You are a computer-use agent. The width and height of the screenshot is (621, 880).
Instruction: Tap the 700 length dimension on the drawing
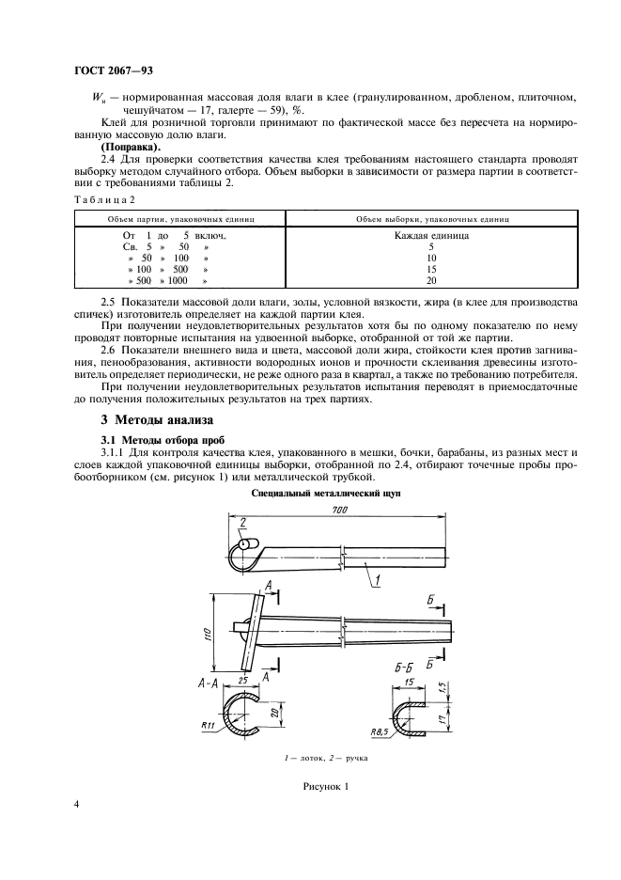pos(339,509)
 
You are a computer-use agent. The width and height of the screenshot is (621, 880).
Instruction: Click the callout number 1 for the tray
pos(376,581)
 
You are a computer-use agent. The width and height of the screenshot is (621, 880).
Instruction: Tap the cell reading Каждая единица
pos(432,236)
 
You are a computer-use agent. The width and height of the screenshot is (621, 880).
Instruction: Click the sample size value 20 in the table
pos(431,280)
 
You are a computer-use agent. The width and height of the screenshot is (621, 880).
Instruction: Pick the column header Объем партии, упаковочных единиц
pos(178,217)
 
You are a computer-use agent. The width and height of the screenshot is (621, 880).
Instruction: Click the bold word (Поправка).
pos(132,148)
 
